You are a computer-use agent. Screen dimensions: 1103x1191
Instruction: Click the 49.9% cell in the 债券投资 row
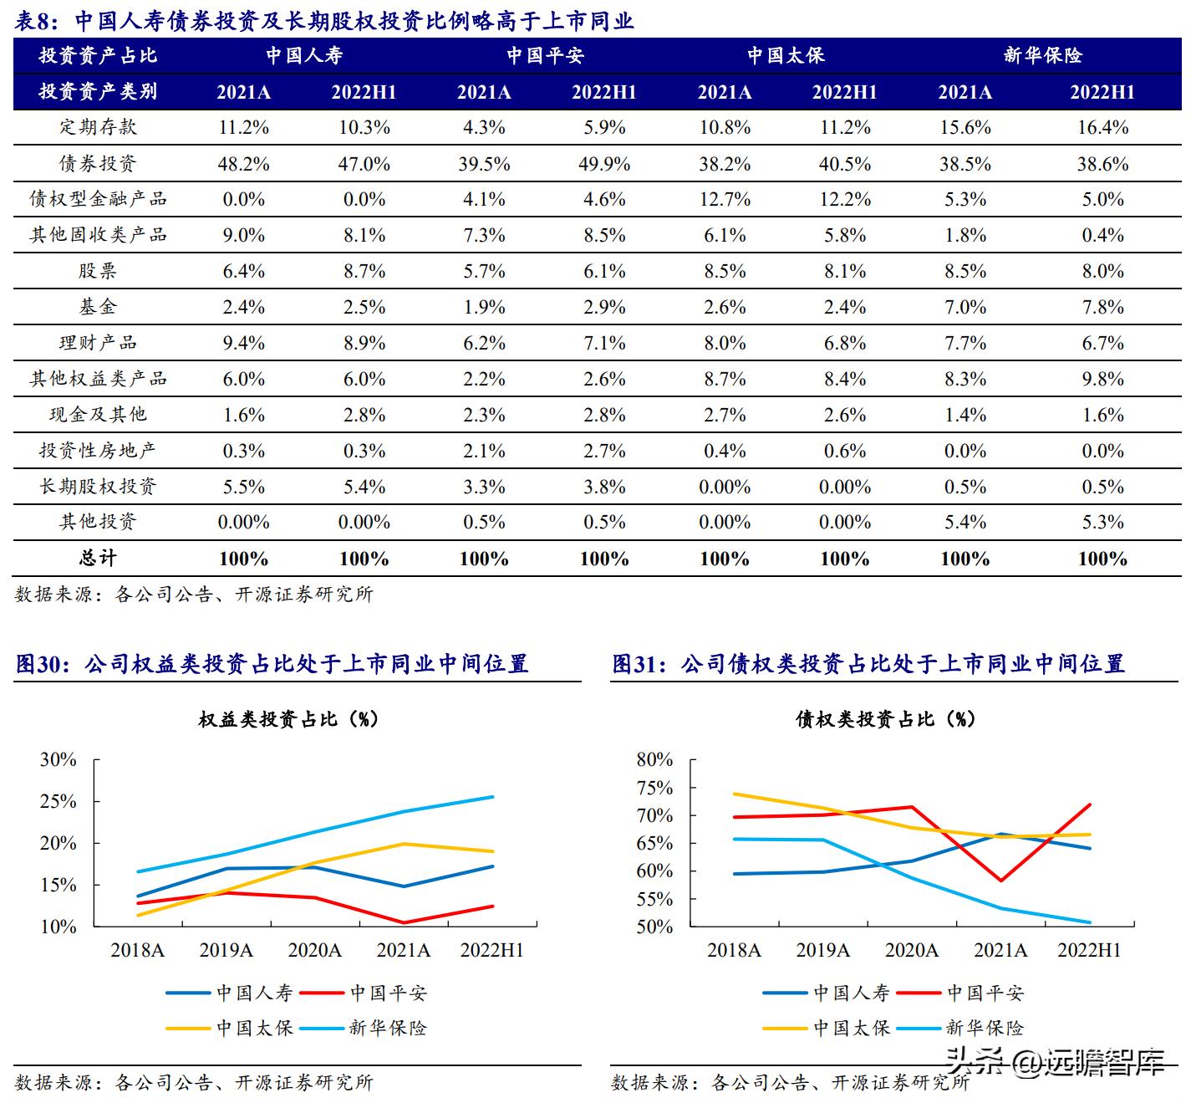pyautogui.click(x=603, y=164)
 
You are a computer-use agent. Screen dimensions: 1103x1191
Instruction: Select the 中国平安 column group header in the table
pyautogui.click(x=545, y=56)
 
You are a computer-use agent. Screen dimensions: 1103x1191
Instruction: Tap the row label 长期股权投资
pyautogui.click(x=98, y=487)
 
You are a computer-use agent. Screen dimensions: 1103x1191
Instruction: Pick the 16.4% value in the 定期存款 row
pyautogui.click(x=1102, y=128)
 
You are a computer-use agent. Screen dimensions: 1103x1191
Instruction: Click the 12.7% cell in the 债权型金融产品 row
pyautogui.click(x=724, y=200)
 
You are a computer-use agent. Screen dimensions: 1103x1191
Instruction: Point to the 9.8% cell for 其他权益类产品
pyautogui.click(x=1102, y=380)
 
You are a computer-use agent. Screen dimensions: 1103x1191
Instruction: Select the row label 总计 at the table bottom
pyautogui.click(x=98, y=559)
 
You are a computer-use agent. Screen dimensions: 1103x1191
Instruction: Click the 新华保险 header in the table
pyautogui.click(x=1042, y=56)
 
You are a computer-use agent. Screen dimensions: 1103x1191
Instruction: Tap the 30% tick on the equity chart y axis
pyautogui.click(x=59, y=760)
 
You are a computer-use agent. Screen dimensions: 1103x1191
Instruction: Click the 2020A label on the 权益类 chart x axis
pyautogui.click(x=315, y=950)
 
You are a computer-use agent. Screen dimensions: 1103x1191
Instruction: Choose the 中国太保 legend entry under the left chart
pyautogui.click(x=254, y=1028)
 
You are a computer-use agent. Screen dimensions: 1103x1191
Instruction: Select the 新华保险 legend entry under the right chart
pyautogui.click(x=984, y=1028)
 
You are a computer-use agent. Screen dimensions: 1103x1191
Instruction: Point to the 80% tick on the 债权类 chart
pyautogui.click(x=654, y=760)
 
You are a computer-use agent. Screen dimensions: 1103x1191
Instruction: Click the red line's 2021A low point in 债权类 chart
pyautogui.click(x=1000, y=881)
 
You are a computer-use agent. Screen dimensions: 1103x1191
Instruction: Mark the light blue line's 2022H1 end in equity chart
pyautogui.click(x=493, y=797)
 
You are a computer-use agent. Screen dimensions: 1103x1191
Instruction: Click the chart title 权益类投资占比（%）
pyautogui.click(x=288, y=719)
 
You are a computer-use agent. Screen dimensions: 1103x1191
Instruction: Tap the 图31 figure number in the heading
pyautogui.click(x=633, y=665)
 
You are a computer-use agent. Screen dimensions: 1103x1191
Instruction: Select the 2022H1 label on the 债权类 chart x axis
pyautogui.click(x=1089, y=950)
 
